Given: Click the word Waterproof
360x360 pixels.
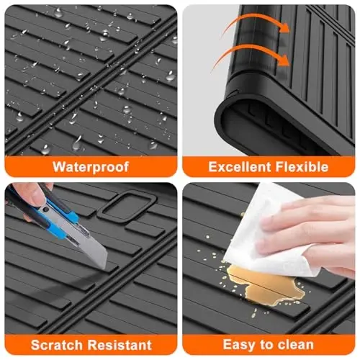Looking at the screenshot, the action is (91, 167).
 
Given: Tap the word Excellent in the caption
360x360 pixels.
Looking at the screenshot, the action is (240, 166).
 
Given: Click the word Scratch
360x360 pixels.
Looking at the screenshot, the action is (57, 345).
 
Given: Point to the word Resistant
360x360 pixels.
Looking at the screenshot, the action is (120, 345).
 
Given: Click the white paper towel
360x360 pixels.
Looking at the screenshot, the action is (269, 230).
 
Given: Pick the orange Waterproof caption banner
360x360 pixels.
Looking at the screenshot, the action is (91, 166).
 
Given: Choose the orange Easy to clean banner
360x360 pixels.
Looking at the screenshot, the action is (269, 345).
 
